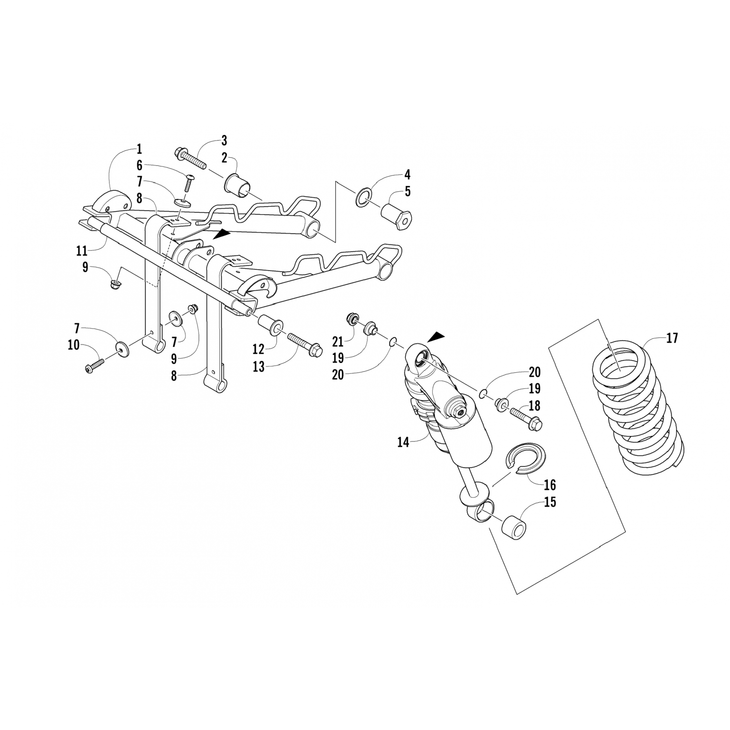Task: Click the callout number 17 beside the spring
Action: pos(672,338)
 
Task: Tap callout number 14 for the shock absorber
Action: pos(403,442)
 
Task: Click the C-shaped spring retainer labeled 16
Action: pos(527,458)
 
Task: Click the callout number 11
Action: pos(82,251)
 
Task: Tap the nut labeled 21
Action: pos(350,319)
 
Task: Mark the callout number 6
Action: pos(139,165)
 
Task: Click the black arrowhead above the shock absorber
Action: pos(436,336)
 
